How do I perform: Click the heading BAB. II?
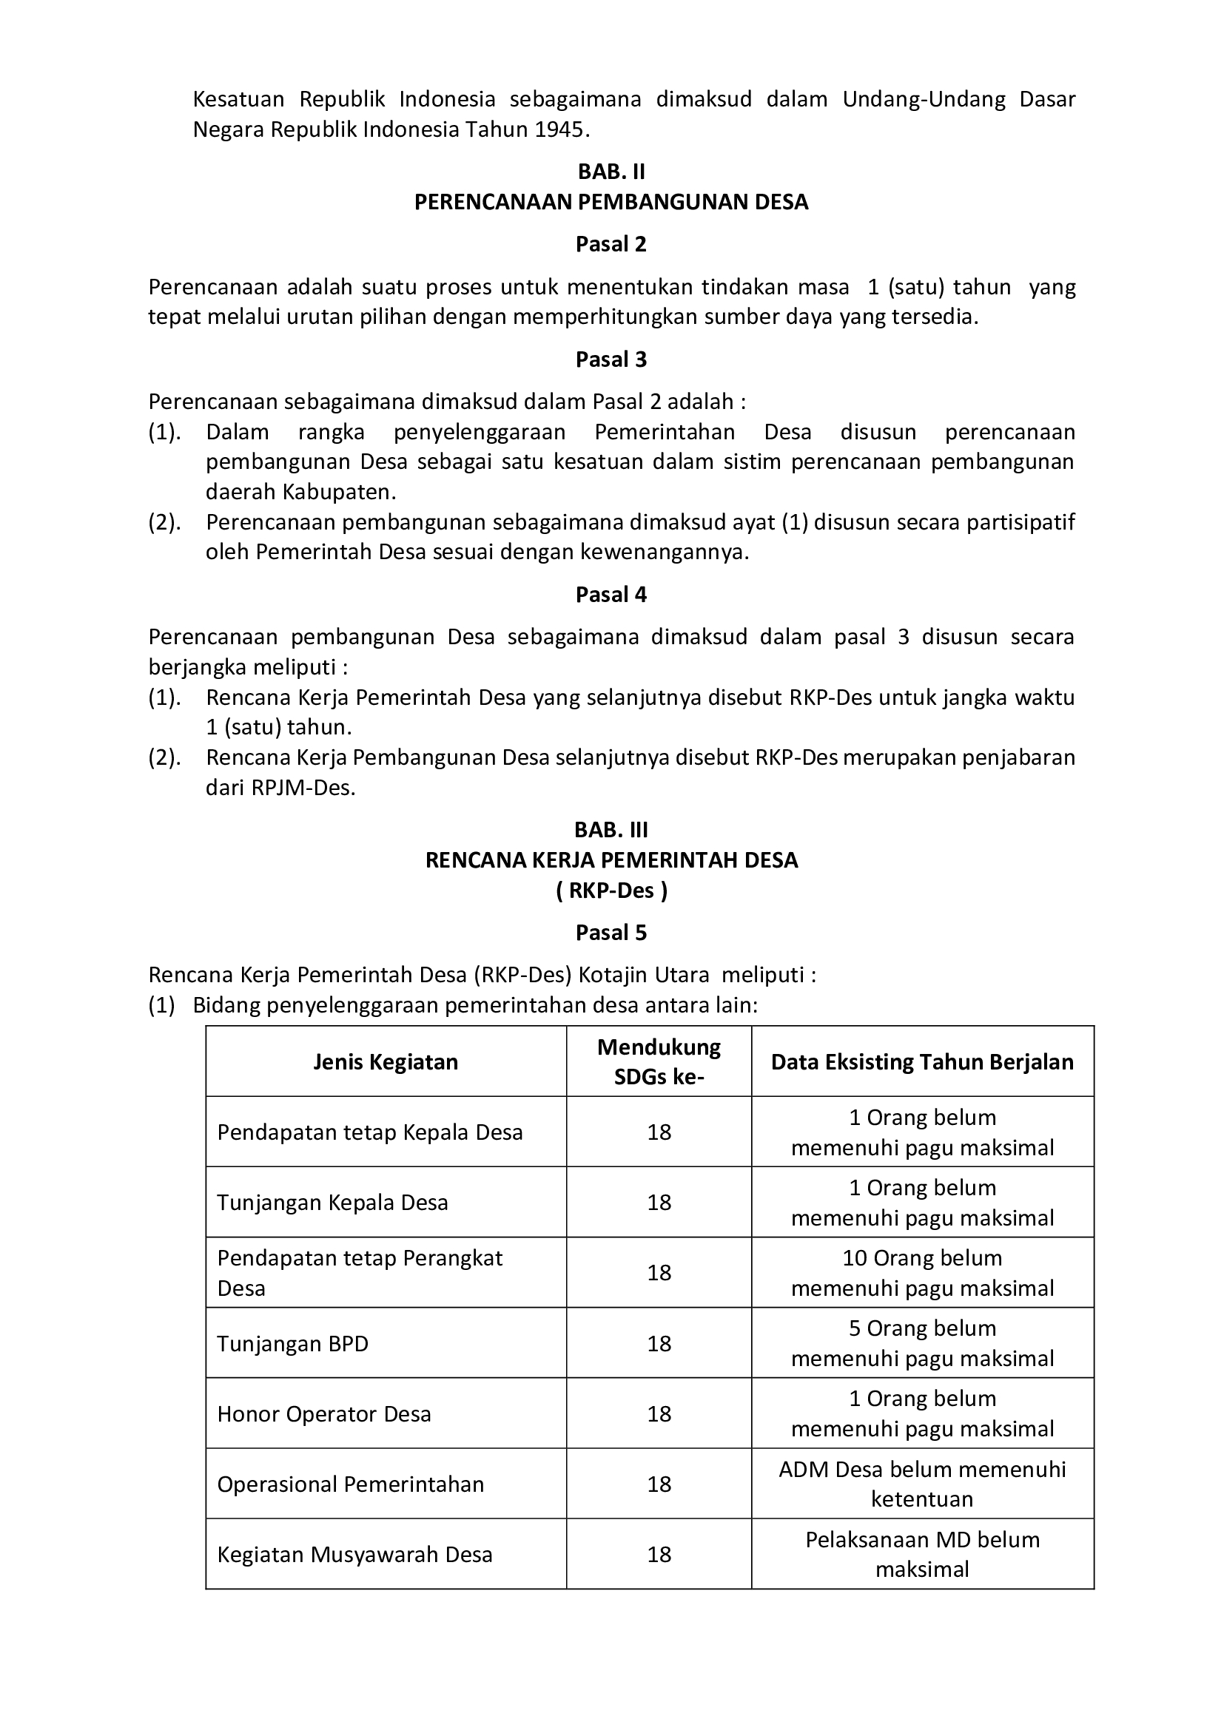(611, 172)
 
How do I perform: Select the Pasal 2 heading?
(611, 244)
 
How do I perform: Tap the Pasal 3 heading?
(611, 359)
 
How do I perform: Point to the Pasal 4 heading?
(611, 595)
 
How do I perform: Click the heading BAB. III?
(611, 830)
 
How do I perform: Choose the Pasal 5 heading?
(611, 933)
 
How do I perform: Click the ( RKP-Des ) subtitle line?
(611, 891)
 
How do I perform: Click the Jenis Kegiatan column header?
(386, 1061)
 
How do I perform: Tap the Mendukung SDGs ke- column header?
(659, 1061)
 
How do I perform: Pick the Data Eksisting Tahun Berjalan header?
(922, 1061)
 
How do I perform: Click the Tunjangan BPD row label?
(293, 1343)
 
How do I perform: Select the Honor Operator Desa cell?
(324, 1413)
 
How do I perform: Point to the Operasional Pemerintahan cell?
(351, 1484)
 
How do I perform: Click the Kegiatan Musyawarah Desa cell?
(354, 1555)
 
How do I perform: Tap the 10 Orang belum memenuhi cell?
(922, 1273)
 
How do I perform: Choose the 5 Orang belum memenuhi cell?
(922, 1342)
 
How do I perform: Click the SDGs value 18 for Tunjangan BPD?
(659, 1343)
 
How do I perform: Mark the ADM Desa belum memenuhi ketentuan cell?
(922, 1484)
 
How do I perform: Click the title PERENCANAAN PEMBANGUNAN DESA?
(611, 202)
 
